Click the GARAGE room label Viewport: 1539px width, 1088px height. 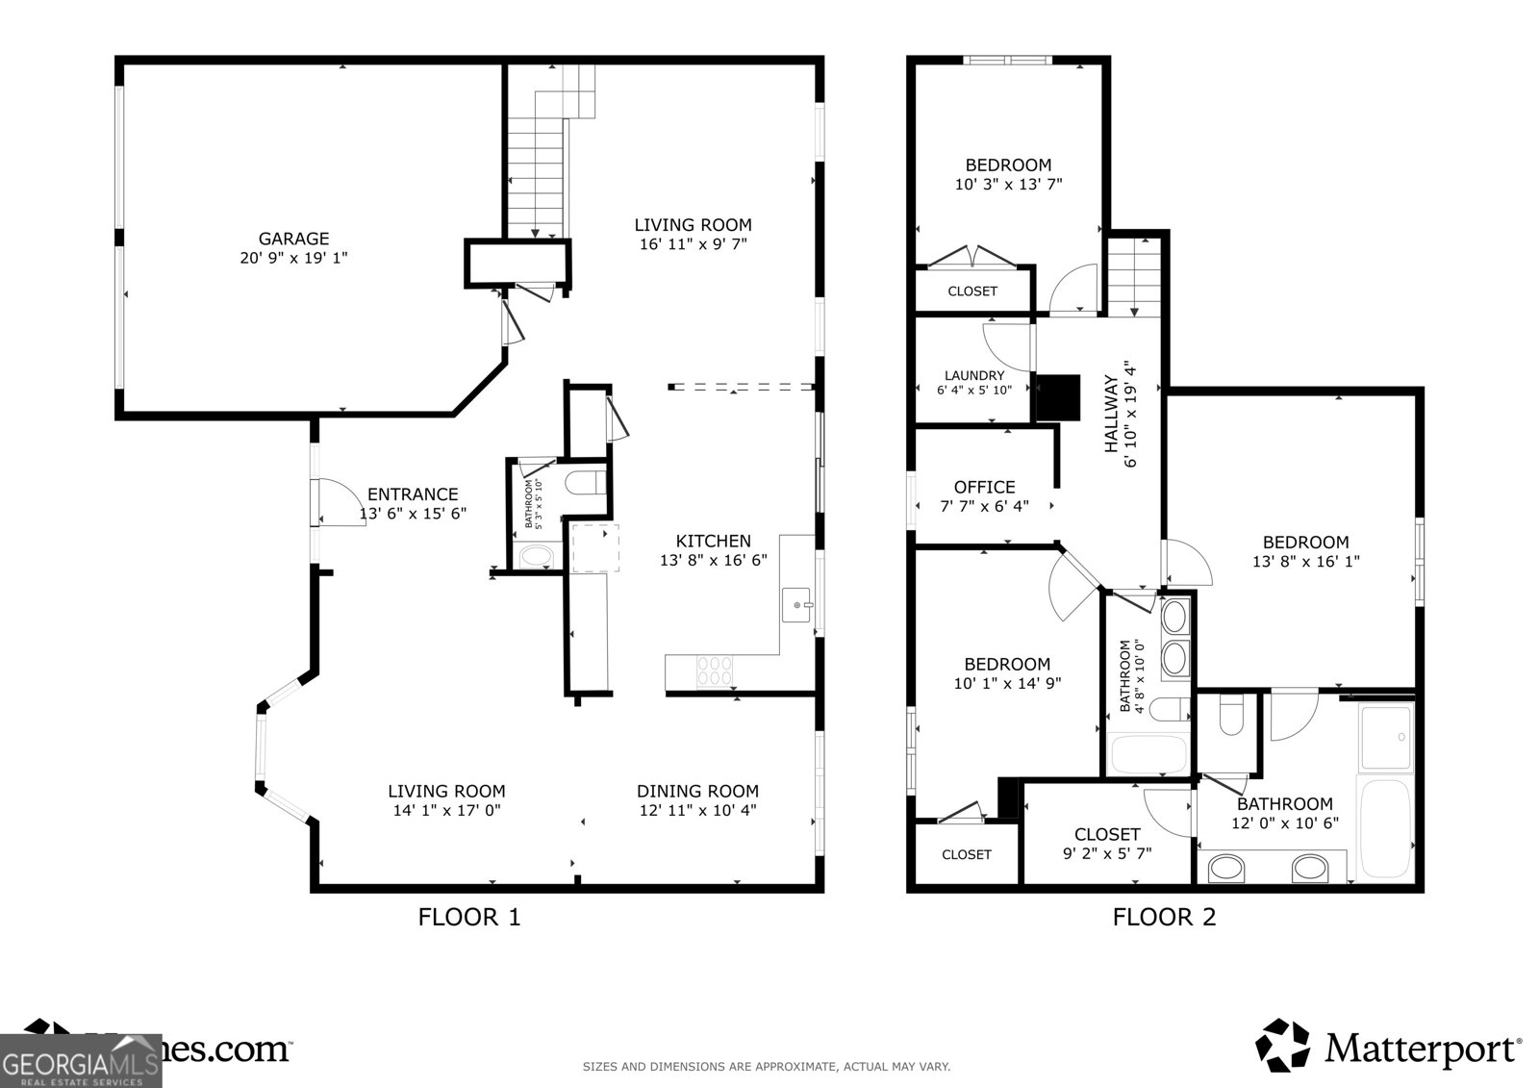tap(293, 239)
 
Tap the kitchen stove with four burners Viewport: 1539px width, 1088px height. tap(714, 670)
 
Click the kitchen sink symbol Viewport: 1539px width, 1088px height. tap(797, 605)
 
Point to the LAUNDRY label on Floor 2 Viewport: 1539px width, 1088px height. tap(973, 375)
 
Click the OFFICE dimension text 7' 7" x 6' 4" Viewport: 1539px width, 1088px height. tap(984, 506)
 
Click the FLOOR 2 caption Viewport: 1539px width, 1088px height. tap(1164, 917)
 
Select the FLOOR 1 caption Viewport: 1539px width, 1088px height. tap(468, 917)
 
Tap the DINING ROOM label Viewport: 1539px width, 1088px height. tap(697, 791)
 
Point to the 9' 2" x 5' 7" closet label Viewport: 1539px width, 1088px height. tap(1107, 852)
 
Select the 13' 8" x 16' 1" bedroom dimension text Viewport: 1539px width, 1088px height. tap(1305, 561)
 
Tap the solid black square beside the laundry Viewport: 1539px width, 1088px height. tap(1057, 396)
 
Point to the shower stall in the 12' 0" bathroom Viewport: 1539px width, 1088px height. tap(1385, 736)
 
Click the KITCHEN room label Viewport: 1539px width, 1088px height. tap(713, 541)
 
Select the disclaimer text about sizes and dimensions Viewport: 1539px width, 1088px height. tap(767, 1066)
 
